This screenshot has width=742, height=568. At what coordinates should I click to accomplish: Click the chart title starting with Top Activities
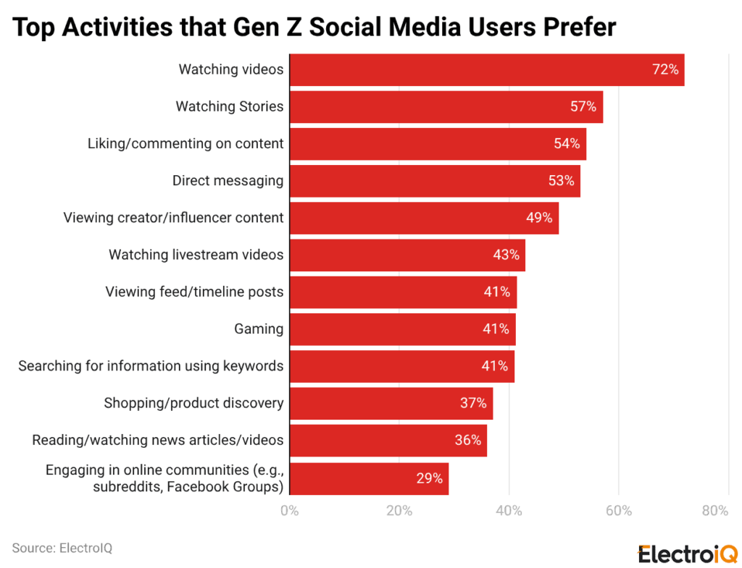pos(314,27)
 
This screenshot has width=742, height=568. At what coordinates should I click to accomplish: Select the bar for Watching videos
pos(486,69)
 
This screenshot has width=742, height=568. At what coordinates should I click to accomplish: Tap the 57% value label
pos(583,106)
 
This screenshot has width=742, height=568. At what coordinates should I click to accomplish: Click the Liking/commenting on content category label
pos(185,143)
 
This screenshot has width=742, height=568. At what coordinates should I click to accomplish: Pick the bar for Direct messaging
pos(435,181)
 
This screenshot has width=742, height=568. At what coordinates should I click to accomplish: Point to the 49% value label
pos(539,218)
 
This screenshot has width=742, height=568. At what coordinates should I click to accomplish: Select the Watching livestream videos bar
pos(407,255)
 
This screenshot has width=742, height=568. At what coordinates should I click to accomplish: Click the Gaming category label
pos(259,329)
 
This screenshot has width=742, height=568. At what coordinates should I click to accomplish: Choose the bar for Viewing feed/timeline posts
pos(403,292)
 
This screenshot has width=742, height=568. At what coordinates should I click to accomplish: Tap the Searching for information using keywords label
pos(151,366)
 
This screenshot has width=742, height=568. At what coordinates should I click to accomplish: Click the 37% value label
pos(473,403)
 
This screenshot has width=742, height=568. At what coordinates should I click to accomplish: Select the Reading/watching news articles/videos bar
pos(388,440)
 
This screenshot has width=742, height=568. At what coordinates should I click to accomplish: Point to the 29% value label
pos(429,478)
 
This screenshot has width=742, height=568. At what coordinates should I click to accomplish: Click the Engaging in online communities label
pos(164,478)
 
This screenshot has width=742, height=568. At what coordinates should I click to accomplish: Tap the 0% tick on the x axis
pos(289,511)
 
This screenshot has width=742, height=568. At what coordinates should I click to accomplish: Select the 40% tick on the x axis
pos(509,511)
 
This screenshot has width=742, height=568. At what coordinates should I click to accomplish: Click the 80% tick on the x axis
pos(715,511)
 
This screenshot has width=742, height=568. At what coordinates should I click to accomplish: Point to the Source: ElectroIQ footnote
pos(62,548)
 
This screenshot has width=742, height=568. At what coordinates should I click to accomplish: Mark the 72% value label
pos(664,69)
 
